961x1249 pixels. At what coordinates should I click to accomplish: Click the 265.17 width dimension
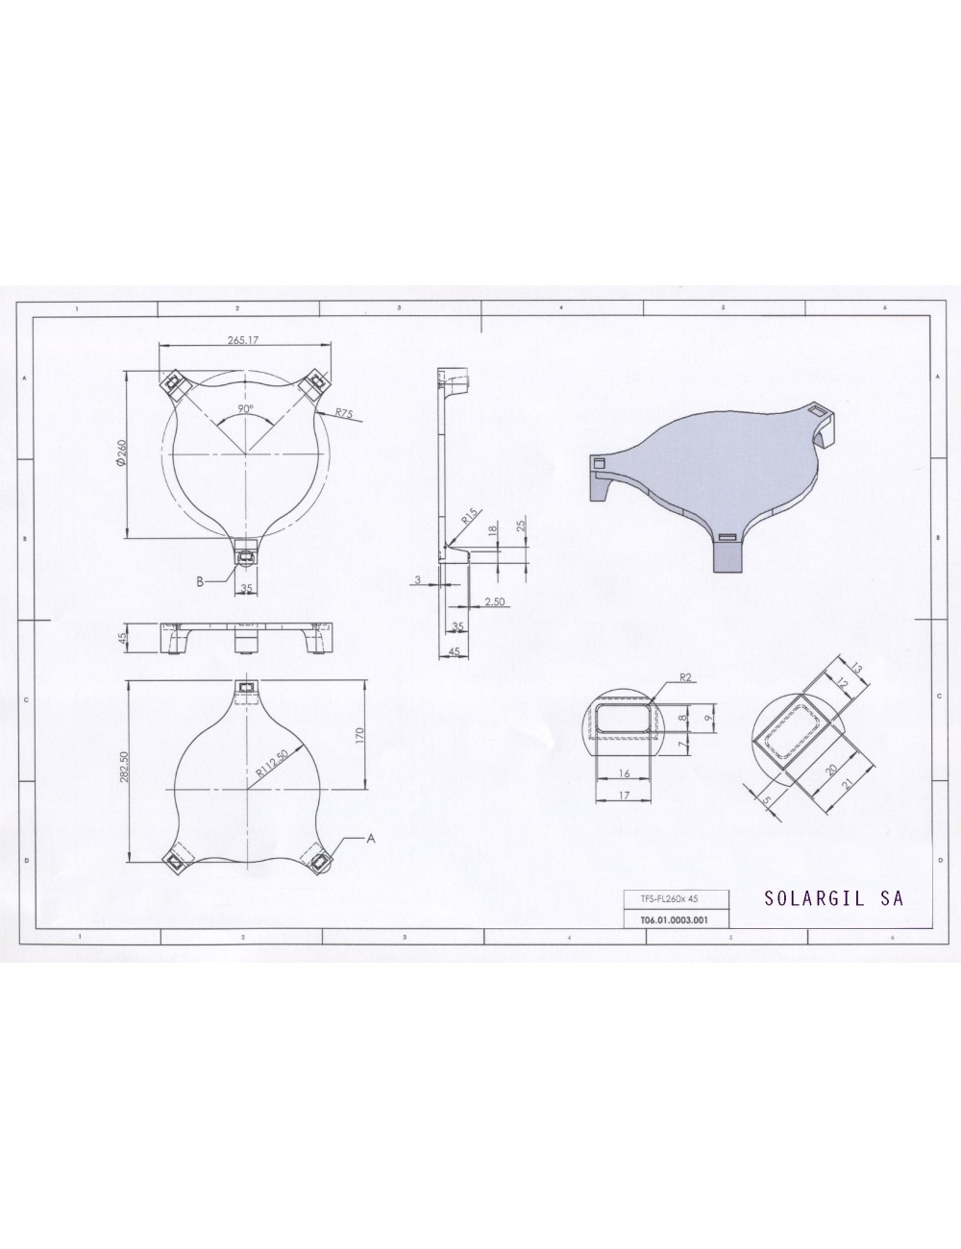point(246,340)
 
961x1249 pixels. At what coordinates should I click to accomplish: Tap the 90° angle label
point(246,409)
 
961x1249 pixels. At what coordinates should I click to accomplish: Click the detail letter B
point(199,581)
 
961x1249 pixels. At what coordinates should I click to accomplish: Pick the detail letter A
point(368,838)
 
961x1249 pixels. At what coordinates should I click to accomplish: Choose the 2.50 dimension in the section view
point(496,600)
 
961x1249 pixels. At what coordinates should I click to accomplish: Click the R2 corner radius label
point(686,677)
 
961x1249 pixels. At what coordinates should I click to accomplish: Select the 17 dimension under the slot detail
point(625,795)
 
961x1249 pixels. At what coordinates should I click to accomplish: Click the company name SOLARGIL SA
point(833,899)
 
